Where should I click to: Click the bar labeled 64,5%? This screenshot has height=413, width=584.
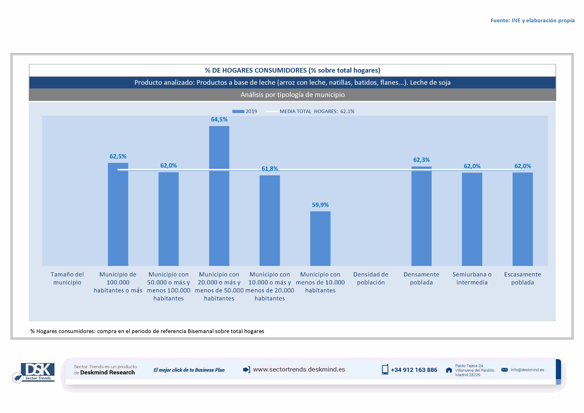(x=219, y=196)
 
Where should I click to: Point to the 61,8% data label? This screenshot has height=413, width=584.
(x=270, y=169)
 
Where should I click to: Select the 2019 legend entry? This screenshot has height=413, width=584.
(x=245, y=111)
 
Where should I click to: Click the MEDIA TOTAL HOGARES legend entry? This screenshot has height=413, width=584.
(x=310, y=111)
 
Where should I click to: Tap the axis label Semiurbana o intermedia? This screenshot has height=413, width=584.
(x=472, y=278)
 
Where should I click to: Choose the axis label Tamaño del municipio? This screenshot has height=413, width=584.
(x=67, y=278)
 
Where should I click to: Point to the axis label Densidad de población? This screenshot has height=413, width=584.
(x=371, y=278)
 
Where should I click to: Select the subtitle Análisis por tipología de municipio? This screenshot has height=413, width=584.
(x=293, y=95)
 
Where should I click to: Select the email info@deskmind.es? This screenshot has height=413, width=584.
(x=527, y=370)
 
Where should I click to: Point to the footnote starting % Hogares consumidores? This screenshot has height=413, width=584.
(x=147, y=331)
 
